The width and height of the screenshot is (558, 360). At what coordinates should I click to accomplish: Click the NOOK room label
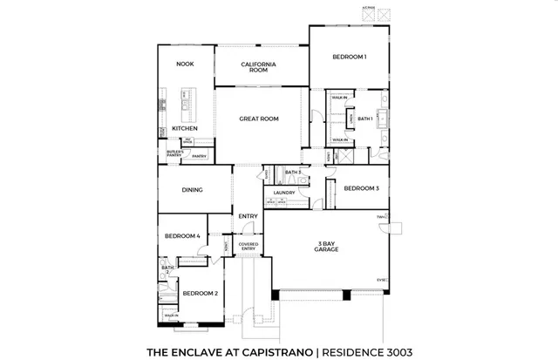184,64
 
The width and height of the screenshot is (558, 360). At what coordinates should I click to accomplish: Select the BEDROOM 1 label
349,58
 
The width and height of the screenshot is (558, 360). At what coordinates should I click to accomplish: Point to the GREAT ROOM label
259,119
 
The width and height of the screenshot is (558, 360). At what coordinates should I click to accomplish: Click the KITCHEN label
184,129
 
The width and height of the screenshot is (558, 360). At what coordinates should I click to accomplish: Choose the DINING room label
192,189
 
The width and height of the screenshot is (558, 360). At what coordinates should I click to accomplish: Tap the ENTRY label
248,216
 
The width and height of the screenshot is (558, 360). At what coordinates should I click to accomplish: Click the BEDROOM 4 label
183,236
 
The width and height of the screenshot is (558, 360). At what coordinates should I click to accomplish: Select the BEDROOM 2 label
201,294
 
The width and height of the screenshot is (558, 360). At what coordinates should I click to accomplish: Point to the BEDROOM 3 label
360,188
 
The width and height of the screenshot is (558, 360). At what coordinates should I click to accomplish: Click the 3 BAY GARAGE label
327,246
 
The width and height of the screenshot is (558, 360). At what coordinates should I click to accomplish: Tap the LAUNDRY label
284,193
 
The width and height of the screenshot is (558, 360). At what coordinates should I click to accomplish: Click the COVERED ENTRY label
248,247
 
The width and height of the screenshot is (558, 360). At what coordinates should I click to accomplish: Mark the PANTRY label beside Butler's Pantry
200,156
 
